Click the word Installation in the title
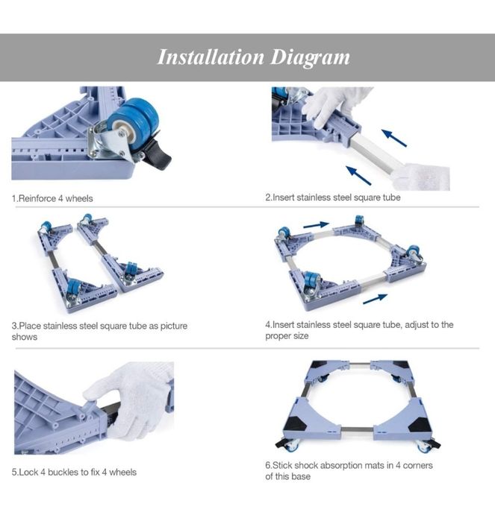tap(211, 57)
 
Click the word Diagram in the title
tap(310, 58)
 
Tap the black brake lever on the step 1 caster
tap(158, 155)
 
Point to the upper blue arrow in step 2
tap(394, 138)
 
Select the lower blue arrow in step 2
tap(359, 175)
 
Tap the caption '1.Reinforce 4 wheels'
tap(52, 199)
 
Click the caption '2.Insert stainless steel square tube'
tap(333, 198)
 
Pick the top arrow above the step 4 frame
tap(317, 225)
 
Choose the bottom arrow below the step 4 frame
tap(375, 298)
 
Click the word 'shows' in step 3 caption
tap(25, 337)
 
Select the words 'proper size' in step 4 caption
tap(287, 336)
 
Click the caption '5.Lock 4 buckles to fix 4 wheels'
tap(74, 472)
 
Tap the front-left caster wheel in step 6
tap(292, 446)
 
